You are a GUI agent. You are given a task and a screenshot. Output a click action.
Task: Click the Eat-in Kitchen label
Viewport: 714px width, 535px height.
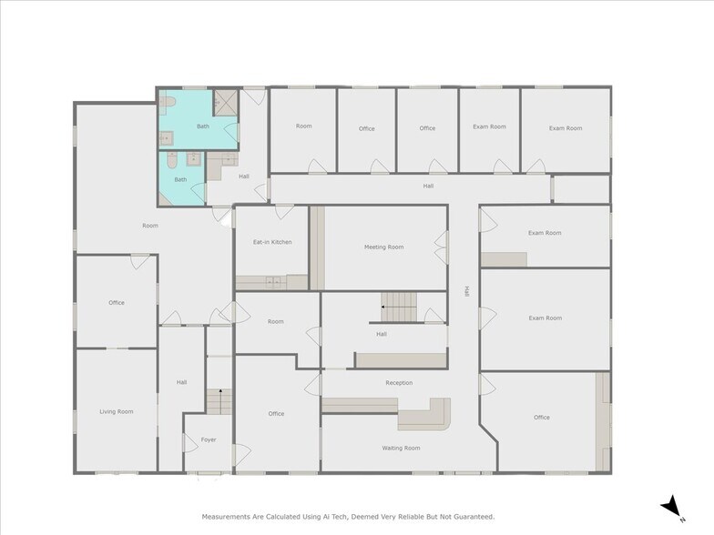(271, 242)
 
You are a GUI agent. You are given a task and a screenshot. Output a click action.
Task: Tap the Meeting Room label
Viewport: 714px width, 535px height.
(383, 247)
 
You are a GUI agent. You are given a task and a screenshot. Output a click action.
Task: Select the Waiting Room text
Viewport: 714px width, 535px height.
(401, 448)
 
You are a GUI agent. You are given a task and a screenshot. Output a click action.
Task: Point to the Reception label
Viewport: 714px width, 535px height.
(399, 383)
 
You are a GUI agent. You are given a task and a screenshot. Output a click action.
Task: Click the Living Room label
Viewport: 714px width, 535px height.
(116, 411)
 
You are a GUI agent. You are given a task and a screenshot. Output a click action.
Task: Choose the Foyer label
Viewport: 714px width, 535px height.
(209, 439)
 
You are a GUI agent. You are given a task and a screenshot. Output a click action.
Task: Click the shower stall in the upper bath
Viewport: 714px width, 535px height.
(225, 100)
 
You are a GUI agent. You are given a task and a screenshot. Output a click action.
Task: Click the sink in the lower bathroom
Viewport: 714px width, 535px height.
(193, 160)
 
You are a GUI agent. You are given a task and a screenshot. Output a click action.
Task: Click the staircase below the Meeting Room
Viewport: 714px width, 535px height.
(398, 306)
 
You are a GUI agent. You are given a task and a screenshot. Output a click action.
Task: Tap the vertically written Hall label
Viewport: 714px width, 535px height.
(465, 292)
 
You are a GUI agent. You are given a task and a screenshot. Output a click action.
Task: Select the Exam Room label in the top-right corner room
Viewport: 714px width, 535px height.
(565, 128)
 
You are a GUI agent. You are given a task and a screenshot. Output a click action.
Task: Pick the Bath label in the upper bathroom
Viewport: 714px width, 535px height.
(202, 126)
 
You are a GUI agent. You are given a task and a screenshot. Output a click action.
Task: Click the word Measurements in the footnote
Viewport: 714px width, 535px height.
(225, 516)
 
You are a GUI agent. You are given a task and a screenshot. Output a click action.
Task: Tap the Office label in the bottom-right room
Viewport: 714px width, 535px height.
(541, 418)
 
